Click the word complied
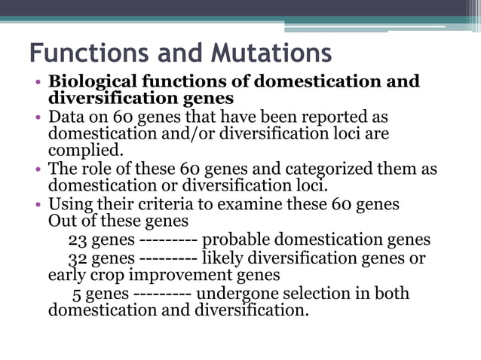coord(84,150)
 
